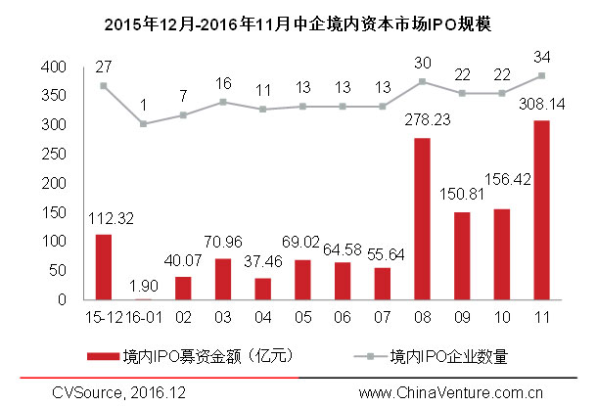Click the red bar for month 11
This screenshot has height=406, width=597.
[541, 209]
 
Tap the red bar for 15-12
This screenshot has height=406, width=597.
[103, 266]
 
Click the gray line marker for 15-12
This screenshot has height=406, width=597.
[103, 86]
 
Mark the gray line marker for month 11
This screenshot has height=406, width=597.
[541, 75]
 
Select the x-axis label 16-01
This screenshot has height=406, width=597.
[143, 318]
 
